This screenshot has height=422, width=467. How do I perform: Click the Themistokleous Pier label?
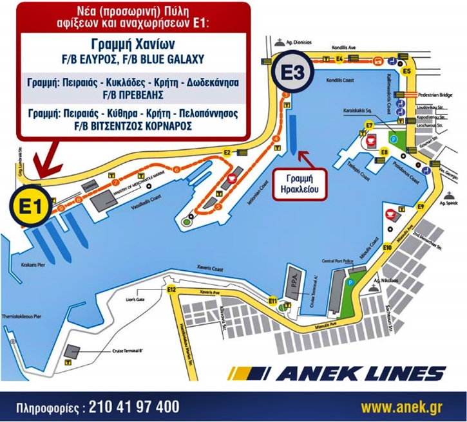point(26,317)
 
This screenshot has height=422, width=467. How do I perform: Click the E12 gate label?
point(171,290)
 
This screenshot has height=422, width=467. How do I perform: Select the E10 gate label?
point(387,248)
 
